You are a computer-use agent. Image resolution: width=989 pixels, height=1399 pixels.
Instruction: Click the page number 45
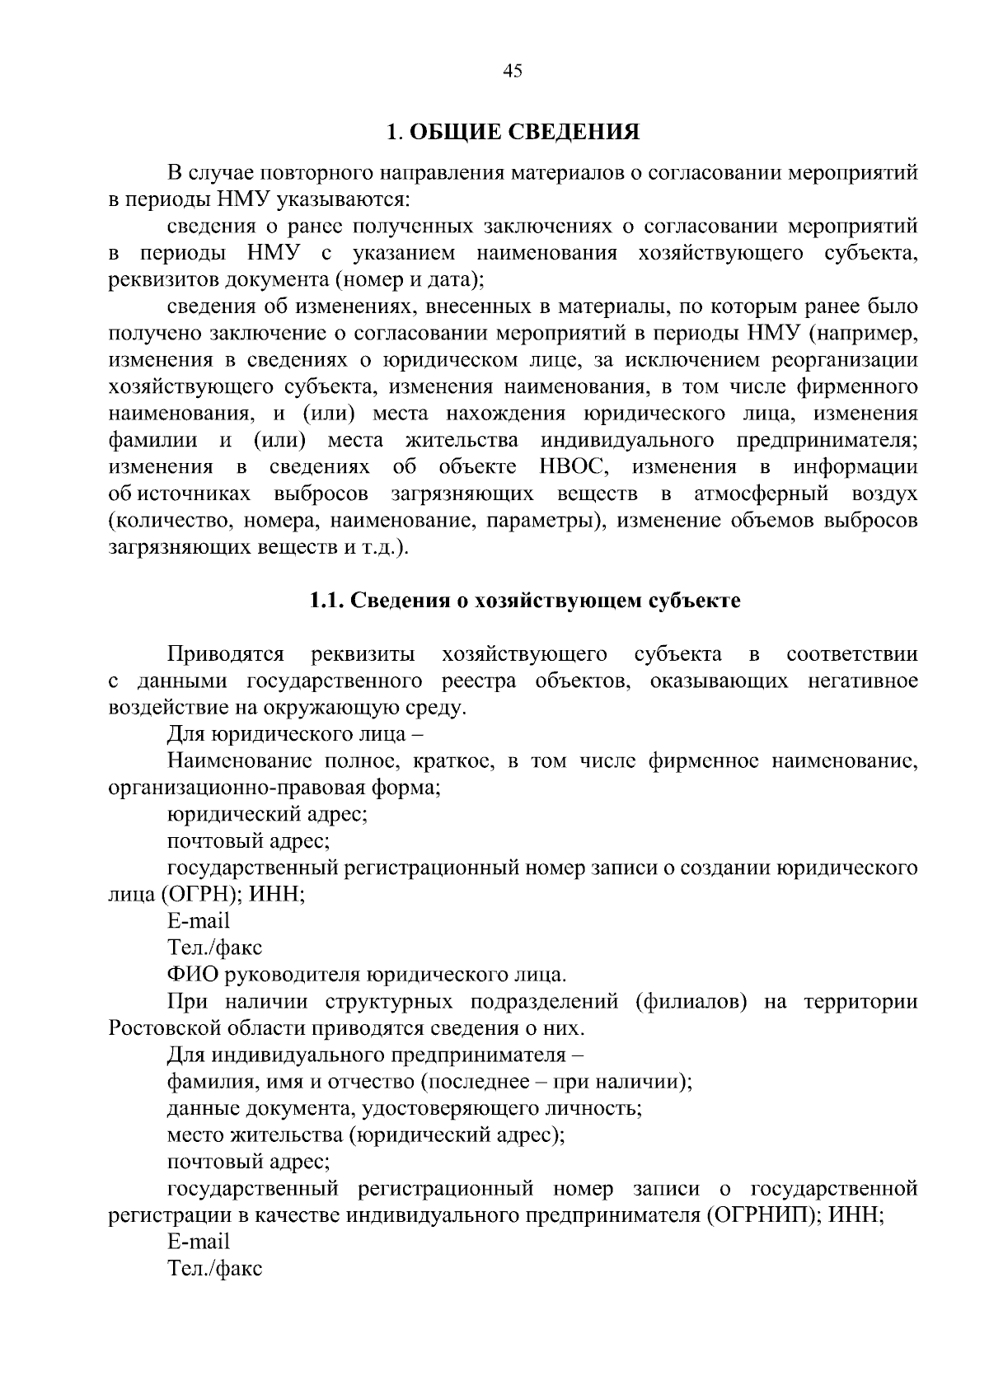(x=512, y=72)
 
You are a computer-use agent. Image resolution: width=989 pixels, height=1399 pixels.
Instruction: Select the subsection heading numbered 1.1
(x=525, y=601)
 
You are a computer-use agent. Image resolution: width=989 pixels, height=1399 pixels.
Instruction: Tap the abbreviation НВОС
(x=574, y=467)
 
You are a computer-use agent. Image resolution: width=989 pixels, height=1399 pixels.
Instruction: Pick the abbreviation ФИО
(x=193, y=975)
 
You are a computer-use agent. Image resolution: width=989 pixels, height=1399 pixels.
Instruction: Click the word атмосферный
(x=762, y=494)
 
